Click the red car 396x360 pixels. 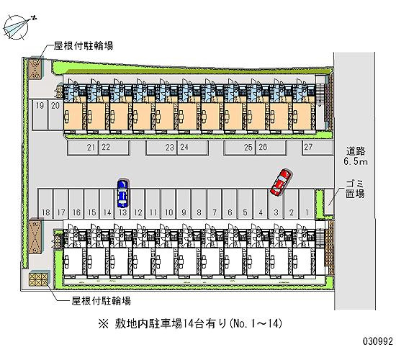[281, 182]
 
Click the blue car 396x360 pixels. [122, 193]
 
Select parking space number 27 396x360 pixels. [318, 148]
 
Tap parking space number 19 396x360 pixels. [40, 115]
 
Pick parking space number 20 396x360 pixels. [55, 115]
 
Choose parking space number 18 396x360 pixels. [45, 203]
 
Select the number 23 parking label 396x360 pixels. [170, 148]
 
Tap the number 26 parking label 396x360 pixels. [263, 147]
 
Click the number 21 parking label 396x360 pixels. [91, 148]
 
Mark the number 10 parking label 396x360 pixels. [168, 212]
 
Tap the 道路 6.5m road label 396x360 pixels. [356, 156]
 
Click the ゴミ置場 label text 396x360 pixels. [355, 189]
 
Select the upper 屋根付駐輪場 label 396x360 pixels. [83, 46]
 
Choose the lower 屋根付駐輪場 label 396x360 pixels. [101, 301]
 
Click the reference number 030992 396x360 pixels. [378, 341]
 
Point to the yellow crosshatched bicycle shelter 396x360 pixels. [38, 279]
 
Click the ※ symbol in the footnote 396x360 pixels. [104, 323]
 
